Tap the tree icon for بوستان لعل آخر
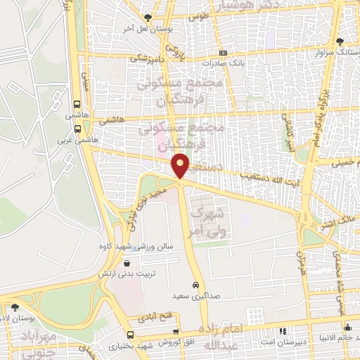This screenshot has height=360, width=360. (x=148, y=18)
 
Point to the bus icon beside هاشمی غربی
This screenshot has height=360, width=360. (x=77, y=129)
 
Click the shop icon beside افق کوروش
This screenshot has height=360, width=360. (x=176, y=332)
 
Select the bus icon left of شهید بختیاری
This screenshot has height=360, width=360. (x=130, y=334)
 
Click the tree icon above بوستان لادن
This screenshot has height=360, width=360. (x=15, y=307)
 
